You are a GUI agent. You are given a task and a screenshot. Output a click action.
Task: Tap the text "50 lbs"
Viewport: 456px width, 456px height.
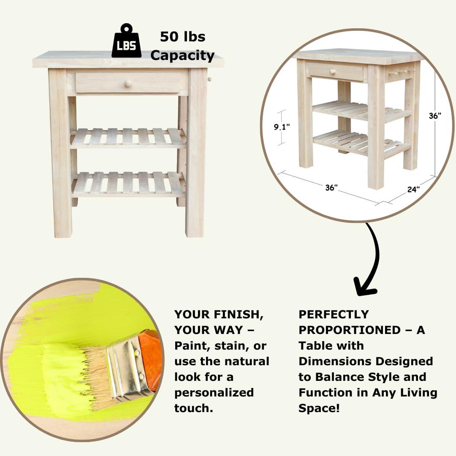coord(183,37)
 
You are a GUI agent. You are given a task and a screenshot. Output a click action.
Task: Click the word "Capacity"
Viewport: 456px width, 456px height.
coord(182,55)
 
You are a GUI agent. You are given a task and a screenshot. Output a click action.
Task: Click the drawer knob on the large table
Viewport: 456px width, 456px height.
coord(128,84)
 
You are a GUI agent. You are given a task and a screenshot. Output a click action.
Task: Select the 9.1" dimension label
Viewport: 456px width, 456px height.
coord(282,127)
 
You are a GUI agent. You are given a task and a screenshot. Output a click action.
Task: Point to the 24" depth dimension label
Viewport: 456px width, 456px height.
coord(413,189)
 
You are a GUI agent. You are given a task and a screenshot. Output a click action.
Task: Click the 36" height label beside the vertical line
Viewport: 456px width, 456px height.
coord(435,116)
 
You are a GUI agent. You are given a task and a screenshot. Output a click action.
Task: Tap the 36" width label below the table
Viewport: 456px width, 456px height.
coord(331,187)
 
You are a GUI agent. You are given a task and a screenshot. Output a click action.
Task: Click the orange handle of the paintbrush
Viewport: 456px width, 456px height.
coord(150,360)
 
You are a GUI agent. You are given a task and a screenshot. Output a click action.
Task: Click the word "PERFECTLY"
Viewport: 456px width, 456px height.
coord(334,315)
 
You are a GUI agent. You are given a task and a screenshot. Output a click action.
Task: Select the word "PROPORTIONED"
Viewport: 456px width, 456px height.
coord(350,330)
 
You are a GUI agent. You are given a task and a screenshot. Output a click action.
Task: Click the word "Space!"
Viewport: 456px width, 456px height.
coord(319,408)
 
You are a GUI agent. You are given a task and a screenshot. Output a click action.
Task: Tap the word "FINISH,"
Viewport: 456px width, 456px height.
coord(239,315)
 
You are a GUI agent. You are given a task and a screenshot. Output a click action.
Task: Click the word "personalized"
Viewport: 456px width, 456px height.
coord(214,393)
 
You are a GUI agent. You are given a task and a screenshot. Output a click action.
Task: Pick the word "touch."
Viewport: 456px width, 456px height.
coord(194,408)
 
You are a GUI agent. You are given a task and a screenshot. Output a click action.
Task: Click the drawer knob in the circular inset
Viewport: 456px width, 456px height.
coord(332,71)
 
